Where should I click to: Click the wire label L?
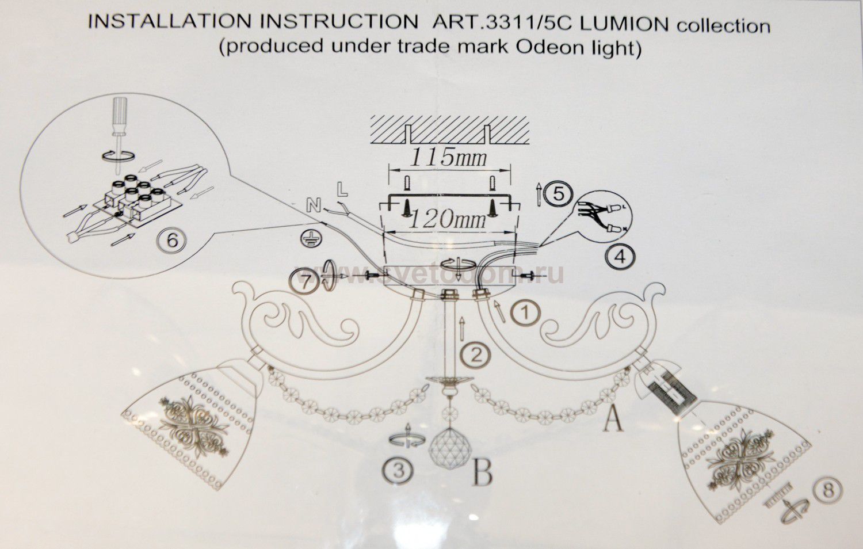click(x=342, y=189)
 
